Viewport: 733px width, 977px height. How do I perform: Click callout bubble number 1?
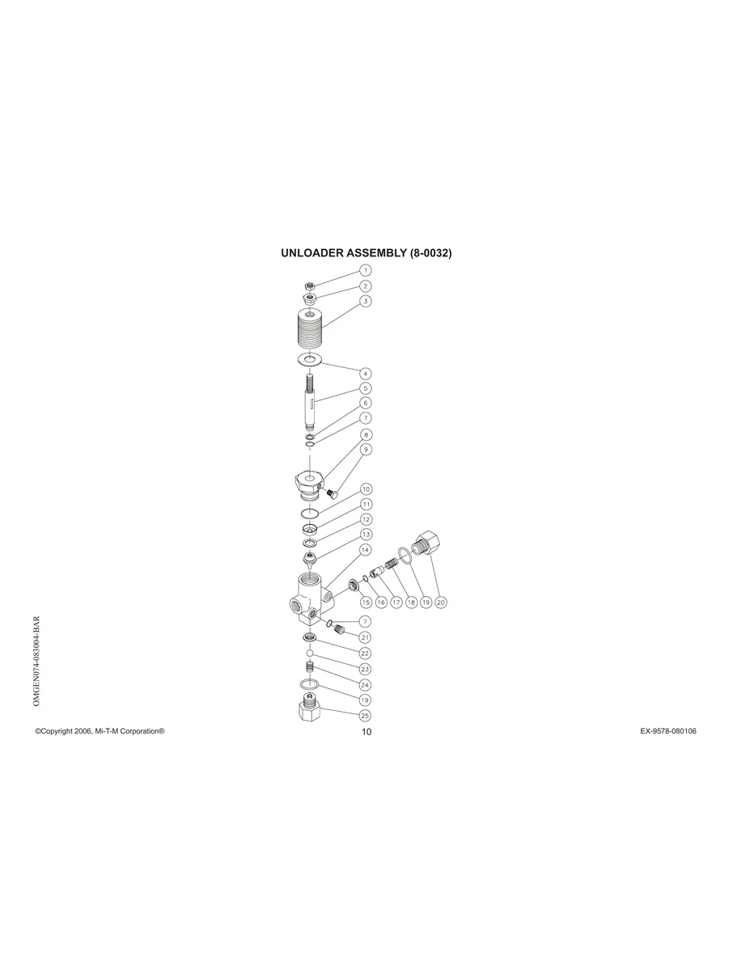pos(366,270)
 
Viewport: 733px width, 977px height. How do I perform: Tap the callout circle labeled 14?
pos(366,549)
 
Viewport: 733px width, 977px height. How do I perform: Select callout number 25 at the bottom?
pos(366,715)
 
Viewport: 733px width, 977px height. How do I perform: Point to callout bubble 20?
pos(441,602)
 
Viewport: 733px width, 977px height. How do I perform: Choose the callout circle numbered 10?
pos(366,488)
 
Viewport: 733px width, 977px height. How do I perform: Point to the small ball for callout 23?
pos(309,653)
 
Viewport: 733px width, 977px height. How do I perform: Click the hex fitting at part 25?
pos(310,712)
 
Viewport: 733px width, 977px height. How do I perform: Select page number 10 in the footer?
pos(366,732)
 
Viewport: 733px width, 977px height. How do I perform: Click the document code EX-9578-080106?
pos(668,731)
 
